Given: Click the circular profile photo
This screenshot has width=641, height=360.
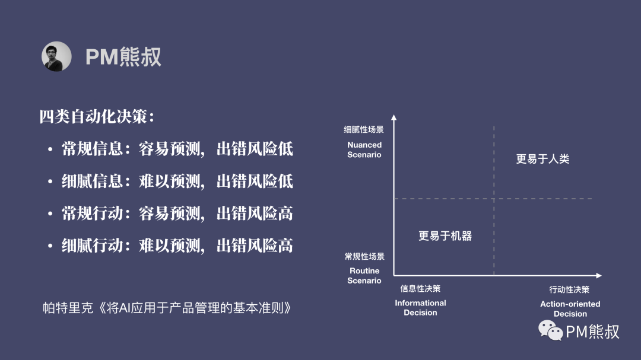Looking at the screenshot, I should [x=56, y=57].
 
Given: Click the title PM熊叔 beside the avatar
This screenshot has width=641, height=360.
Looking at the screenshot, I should [x=123, y=57].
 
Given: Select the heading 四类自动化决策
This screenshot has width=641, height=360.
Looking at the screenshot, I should [x=97, y=117].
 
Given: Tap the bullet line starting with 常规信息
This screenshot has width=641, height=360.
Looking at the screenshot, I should [x=177, y=149].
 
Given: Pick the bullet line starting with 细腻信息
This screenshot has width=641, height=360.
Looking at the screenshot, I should [x=177, y=181].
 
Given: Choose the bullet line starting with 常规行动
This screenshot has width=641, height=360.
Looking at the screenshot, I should [x=177, y=213].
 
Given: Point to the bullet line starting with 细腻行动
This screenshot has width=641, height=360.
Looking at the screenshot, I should [x=177, y=245].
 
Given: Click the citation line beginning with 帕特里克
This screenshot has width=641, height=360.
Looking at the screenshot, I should [x=167, y=308].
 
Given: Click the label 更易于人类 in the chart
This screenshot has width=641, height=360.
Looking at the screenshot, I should [x=542, y=159].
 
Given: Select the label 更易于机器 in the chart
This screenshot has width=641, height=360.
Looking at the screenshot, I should [x=445, y=236].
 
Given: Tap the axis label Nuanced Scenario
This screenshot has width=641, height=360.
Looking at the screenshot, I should [x=364, y=149].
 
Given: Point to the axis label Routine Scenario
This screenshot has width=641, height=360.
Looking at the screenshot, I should [x=364, y=276].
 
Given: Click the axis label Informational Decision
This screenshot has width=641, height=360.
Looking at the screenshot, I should [x=420, y=308].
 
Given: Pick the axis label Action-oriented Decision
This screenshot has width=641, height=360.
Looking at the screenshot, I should [x=570, y=309].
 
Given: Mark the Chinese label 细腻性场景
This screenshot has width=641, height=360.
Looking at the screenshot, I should [x=364, y=129].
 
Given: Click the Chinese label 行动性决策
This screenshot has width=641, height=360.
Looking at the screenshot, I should [x=569, y=290].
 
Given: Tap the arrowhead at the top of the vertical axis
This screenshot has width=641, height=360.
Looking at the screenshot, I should [x=394, y=117].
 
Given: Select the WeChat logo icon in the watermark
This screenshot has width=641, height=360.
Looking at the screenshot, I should [x=550, y=330].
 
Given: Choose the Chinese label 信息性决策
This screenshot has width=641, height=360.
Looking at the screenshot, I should [x=420, y=289].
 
